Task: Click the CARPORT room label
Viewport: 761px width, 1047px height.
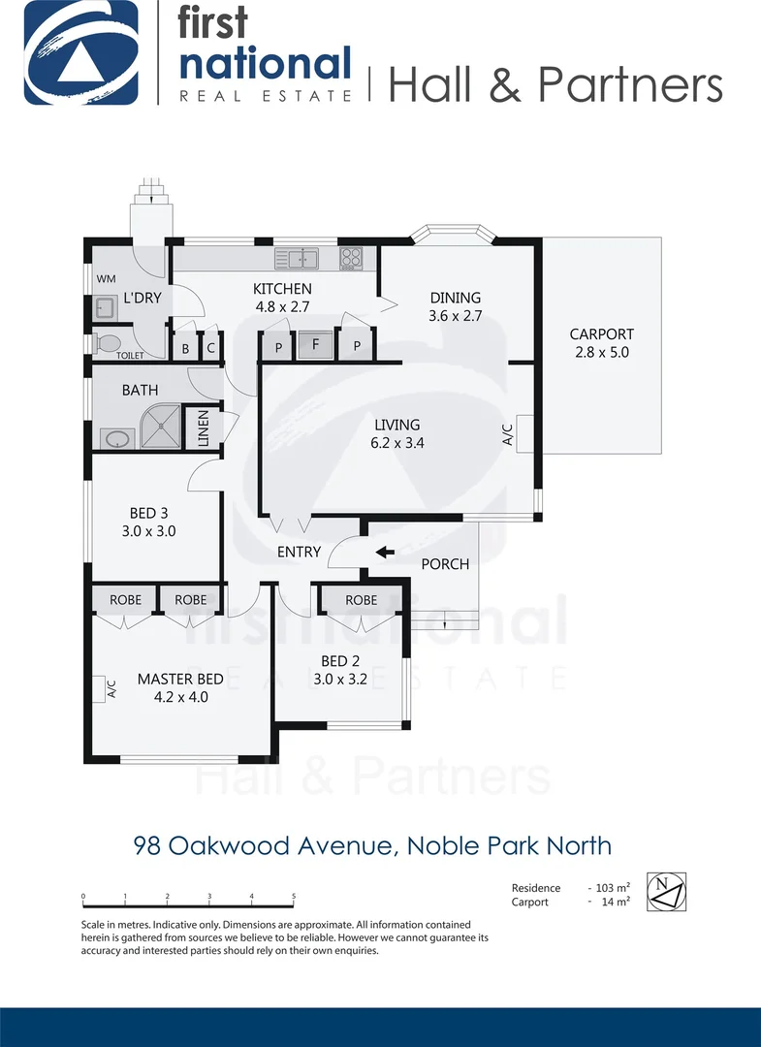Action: (601, 334)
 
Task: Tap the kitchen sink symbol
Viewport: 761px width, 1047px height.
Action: (297, 258)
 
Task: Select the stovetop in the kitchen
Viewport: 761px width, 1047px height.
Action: (351, 258)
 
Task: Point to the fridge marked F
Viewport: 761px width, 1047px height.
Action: (315, 343)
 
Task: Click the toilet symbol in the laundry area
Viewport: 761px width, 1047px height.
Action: (109, 342)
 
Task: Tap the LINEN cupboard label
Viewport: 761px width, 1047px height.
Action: (204, 428)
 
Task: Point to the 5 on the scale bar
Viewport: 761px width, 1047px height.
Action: (294, 897)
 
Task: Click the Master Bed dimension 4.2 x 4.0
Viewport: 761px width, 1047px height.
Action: (180, 696)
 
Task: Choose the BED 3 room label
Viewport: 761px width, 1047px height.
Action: (149, 514)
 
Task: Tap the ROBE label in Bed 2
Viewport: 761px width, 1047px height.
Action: (362, 600)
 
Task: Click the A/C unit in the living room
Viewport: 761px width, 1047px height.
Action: (524, 432)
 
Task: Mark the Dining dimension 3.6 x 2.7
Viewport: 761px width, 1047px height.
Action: (455, 316)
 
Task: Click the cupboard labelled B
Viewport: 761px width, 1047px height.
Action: (185, 349)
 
